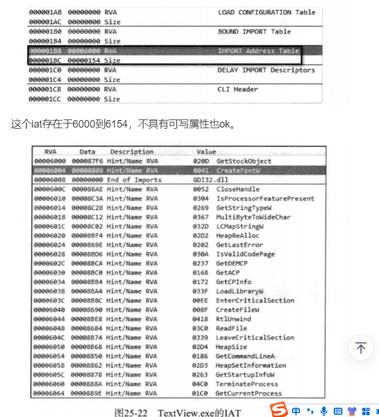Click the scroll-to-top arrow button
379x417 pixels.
tap(361, 348)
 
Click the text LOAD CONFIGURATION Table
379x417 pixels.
tap(266, 12)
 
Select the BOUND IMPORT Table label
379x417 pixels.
tap(254, 31)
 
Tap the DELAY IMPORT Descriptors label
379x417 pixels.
tap(266, 70)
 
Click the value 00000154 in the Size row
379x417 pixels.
tap(85, 60)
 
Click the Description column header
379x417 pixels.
tap(132, 152)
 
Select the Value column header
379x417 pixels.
tap(206, 152)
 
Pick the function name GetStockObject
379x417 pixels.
tap(244, 161)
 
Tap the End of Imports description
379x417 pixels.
tap(134, 180)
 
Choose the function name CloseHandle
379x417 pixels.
tap(238, 189)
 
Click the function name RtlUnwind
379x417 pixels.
tap(234, 319)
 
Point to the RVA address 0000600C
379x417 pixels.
tap(50, 189)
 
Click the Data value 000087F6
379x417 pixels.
tap(87, 161)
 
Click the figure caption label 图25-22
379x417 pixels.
tap(133, 412)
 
